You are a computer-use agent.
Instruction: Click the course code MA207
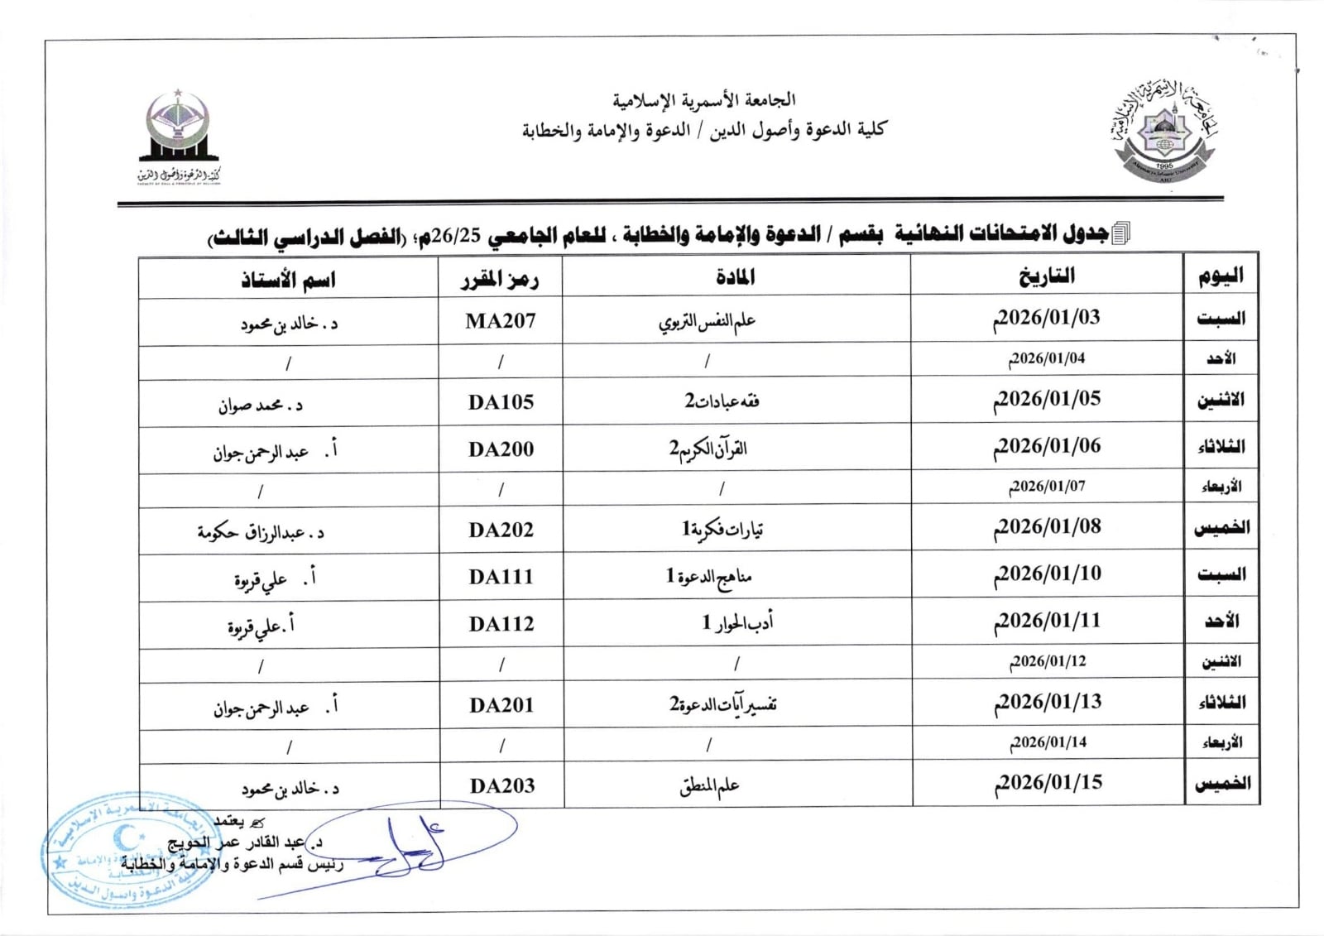tap(501, 321)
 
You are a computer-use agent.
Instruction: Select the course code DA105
tap(501, 402)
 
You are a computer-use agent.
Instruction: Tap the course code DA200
tap(501, 449)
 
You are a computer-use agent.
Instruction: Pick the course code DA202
tap(501, 530)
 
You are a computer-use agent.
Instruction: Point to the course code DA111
tap(501, 577)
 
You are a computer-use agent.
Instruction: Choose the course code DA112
tap(501, 624)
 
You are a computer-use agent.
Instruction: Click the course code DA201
tap(501, 705)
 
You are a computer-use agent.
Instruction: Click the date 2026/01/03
tap(1047, 319)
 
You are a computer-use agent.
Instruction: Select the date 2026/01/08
tap(1048, 527)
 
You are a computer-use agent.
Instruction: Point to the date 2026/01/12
tap(1048, 661)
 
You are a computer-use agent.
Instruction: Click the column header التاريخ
tap(1047, 276)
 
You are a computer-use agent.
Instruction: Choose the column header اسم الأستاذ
tap(288, 280)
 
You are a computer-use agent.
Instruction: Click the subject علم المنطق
tap(709, 786)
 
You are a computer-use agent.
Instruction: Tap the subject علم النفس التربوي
tap(708, 321)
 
